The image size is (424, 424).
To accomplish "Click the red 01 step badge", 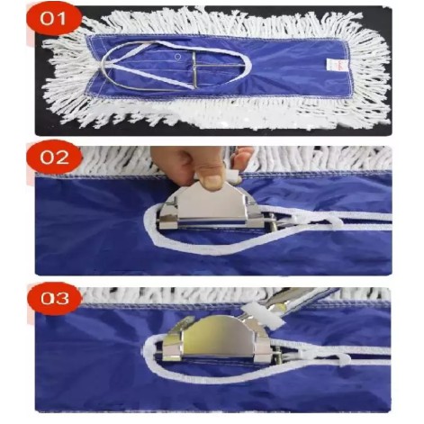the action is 53,19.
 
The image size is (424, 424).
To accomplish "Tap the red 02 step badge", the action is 54,158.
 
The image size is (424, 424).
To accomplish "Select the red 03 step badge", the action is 54,299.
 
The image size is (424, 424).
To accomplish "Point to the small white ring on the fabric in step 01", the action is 178,56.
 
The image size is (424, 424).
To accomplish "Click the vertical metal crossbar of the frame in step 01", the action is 194,69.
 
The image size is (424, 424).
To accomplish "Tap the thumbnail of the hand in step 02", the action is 212,180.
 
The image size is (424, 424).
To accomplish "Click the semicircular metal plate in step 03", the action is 219,336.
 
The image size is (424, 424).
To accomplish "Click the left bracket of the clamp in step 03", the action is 172,345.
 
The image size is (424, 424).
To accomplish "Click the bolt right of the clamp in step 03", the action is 278,354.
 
